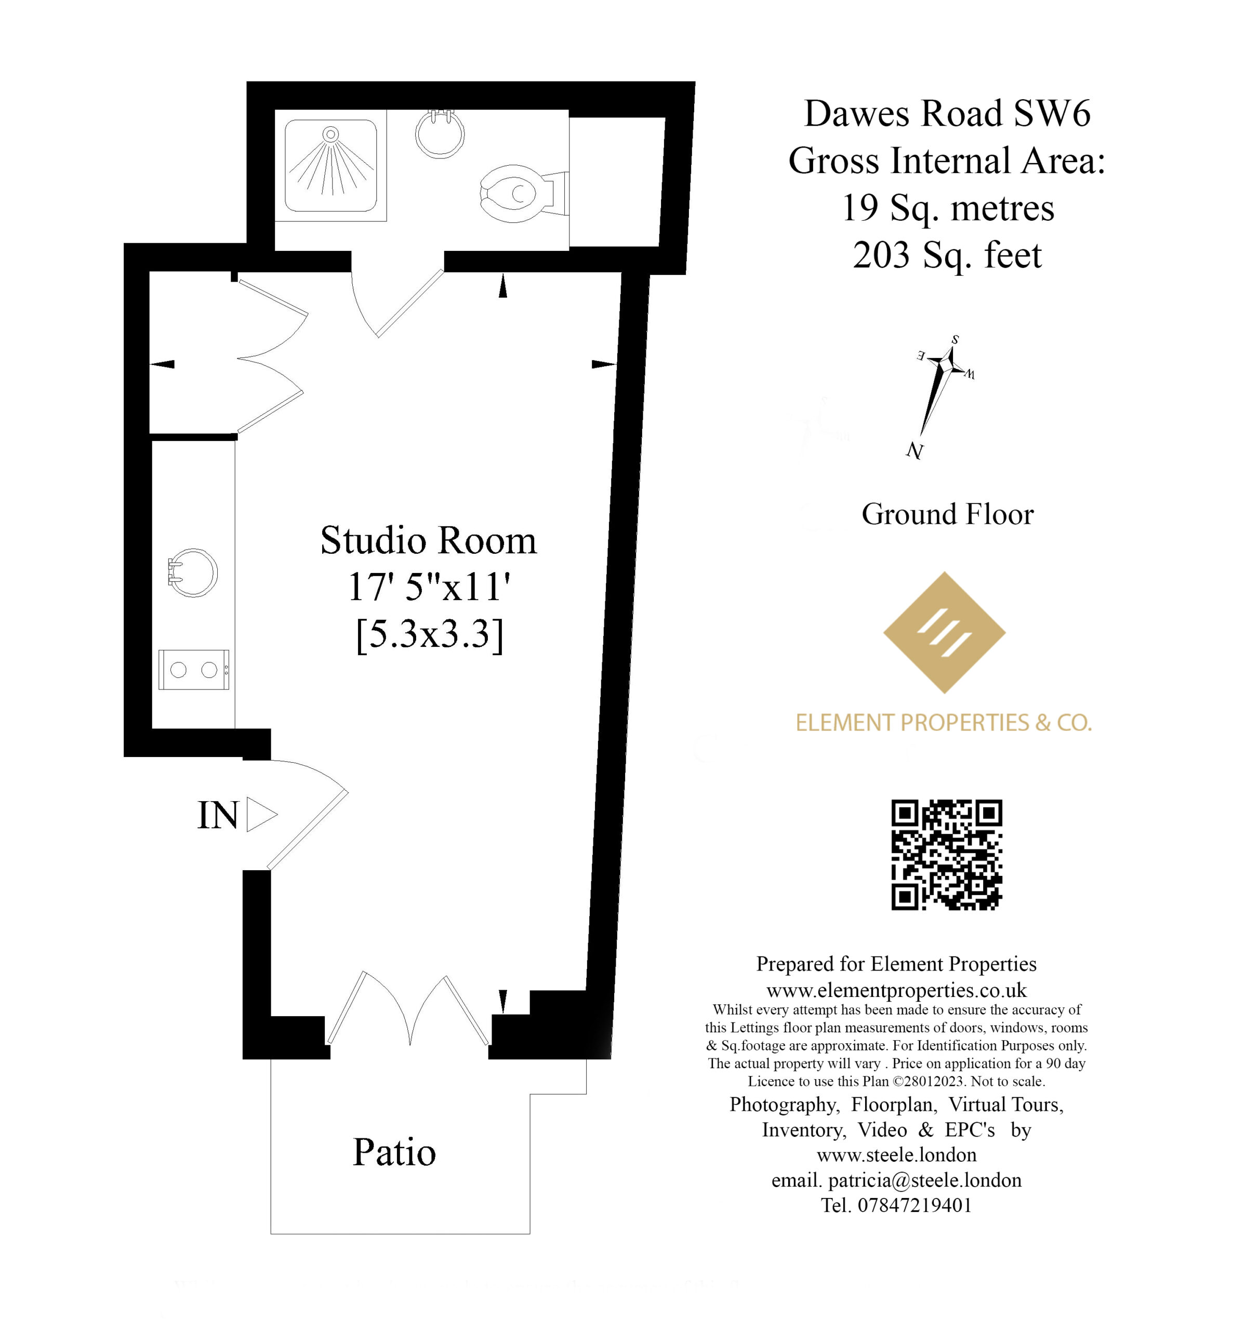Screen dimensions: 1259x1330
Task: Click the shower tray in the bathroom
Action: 331,166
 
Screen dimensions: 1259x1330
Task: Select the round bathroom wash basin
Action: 440,134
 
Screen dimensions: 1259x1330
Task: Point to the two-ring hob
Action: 194,669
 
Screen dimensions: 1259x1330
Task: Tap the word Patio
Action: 394,1153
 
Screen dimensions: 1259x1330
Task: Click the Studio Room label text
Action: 429,540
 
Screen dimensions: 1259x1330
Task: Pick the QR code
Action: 946,855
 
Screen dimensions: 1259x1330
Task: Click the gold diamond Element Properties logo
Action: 944,632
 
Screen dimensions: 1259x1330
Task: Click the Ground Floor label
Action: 948,515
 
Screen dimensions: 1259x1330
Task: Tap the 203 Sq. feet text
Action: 948,256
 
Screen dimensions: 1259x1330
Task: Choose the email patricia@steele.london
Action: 925,1180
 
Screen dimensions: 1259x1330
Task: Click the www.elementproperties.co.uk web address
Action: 897,990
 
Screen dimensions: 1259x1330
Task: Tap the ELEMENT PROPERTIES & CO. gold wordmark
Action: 944,723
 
